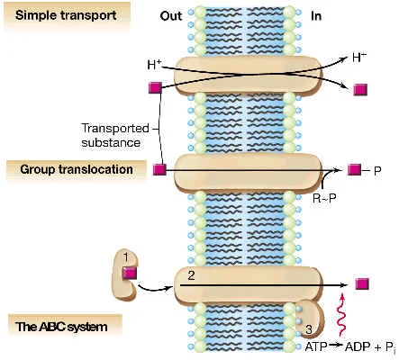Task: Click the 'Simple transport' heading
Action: (x=66, y=15)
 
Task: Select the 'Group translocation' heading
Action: (x=77, y=169)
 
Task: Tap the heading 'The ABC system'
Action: (x=61, y=327)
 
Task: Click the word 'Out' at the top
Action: (x=171, y=16)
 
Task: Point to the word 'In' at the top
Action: (x=316, y=16)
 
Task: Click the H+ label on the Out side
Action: (x=154, y=65)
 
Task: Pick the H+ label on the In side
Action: (x=359, y=58)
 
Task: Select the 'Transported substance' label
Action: (x=115, y=135)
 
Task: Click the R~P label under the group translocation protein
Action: (x=324, y=198)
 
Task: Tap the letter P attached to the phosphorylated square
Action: (x=377, y=171)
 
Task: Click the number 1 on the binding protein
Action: (x=126, y=257)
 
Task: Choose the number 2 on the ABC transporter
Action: (x=191, y=275)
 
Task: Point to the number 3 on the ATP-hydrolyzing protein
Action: (x=309, y=329)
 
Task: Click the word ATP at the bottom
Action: (x=316, y=346)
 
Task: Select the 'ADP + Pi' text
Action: (x=369, y=347)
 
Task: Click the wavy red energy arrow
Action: (x=341, y=315)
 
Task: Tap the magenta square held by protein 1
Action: (x=130, y=274)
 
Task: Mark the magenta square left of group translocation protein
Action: (x=159, y=170)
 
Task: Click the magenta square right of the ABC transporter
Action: (x=362, y=283)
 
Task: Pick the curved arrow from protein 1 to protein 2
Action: (x=153, y=291)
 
